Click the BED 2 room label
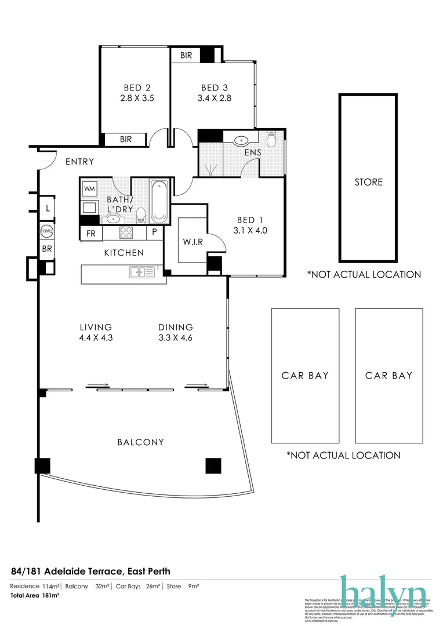[x=137, y=88]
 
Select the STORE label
[x=369, y=182]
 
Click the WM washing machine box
[x=90, y=188]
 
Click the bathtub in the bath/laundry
[x=159, y=202]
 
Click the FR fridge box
[x=91, y=233]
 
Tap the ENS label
[x=253, y=152]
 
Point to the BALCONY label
[x=140, y=442]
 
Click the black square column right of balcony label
[x=213, y=465]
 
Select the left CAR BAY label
[x=305, y=376]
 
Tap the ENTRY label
[x=79, y=162]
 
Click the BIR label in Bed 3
[x=186, y=56]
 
